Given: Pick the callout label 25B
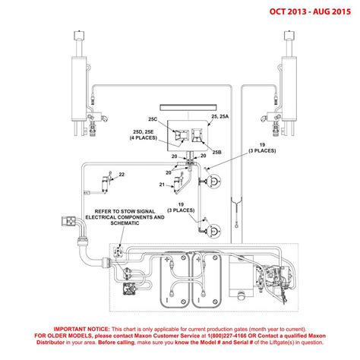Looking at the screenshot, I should click(216, 152).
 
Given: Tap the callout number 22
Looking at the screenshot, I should click(122, 175).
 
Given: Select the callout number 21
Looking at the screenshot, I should click(162, 185).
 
